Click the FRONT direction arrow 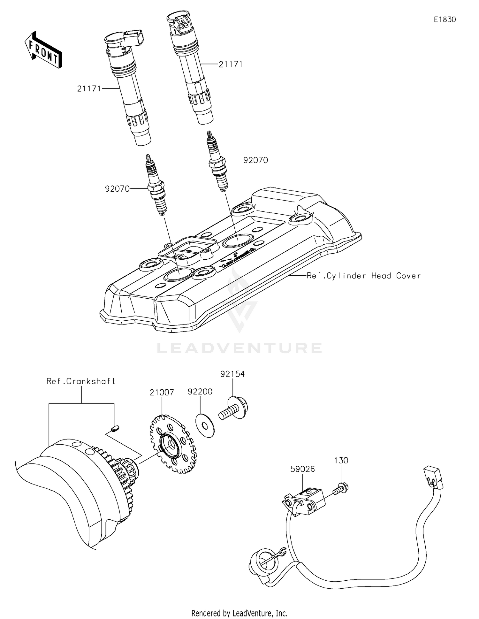(x=43, y=50)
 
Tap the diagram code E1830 (x=445, y=19)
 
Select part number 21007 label (x=162, y=393)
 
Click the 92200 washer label (x=200, y=392)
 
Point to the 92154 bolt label (x=232, y=374)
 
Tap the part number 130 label (x=341, y=460)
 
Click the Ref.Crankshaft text (x=80, y=381)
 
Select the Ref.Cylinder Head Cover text (x=363, y=276)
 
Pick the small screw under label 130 (x=341, y=489)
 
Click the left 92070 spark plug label (x=117, y=189)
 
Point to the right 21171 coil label (x=231, y=64)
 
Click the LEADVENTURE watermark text (x=240, y=348)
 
